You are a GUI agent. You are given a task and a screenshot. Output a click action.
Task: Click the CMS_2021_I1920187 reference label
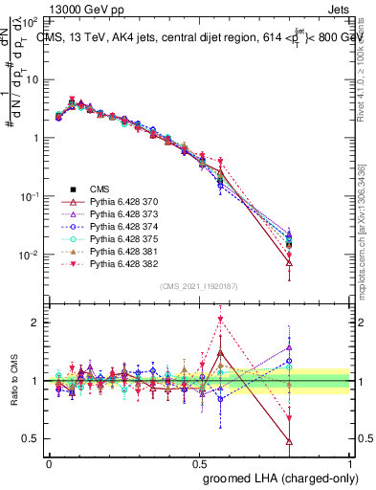(x=199, y=286)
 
